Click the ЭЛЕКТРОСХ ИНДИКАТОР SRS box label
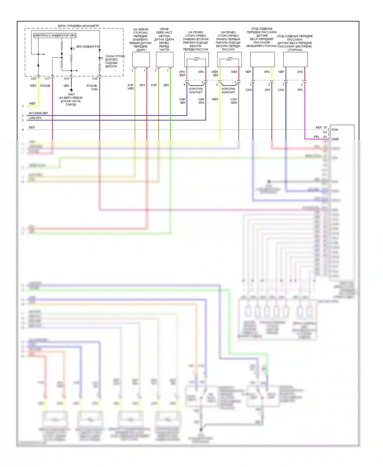tap(55, 36)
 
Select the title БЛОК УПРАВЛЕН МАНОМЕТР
tap(78, 26)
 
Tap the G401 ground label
tap(71, 94)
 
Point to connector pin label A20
tap(33, 79)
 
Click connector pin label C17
tap(47, 79)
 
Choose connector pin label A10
tap(66, 79)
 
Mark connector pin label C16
tap(95, 79)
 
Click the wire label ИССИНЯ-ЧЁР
tap(38, 113)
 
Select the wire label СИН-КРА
tap(35, 118)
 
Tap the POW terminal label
tap(335, 130)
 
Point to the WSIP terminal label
tap(335, 139)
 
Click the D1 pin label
tap(325, 127)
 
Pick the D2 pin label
tap(325, 132)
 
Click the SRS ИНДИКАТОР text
tap(88, 47)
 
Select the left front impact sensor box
tap(141, 60)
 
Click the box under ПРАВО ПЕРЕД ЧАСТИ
tap(164, 60)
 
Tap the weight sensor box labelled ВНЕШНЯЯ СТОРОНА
tap(262, 60)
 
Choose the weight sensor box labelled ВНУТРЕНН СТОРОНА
tap(295, 60)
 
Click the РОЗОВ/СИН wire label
tap(92, 87)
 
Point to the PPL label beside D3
tap(317, 137)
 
